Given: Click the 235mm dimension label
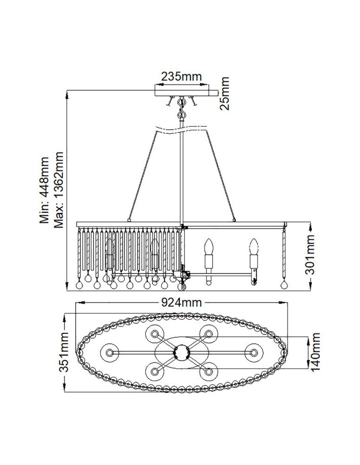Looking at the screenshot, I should click(181, 76).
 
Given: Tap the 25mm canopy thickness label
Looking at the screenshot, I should click(226, 93).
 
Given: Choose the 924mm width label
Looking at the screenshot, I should click(181, 303).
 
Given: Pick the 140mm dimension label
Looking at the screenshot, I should click(316, 352).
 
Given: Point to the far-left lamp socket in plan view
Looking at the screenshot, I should click(110, 352).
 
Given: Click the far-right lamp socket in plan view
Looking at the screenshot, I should click(253, 352).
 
